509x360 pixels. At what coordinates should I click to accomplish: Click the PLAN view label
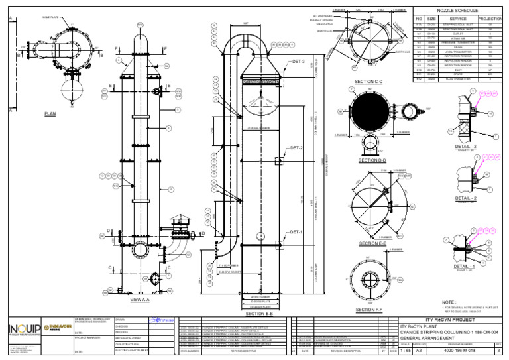[50, 114]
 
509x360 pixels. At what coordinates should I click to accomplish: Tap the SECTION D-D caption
[371, 160]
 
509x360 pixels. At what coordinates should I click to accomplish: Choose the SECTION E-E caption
[371, 243]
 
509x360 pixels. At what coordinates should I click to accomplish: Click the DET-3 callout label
[298, 62]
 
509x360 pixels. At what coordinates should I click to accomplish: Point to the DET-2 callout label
[296, 147]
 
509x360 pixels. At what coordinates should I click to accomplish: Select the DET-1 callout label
[296, 232]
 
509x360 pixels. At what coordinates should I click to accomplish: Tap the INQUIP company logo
[21, 330]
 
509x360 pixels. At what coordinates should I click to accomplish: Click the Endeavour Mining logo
[58, 328]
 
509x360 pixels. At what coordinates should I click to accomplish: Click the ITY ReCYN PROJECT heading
[453, 320]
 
